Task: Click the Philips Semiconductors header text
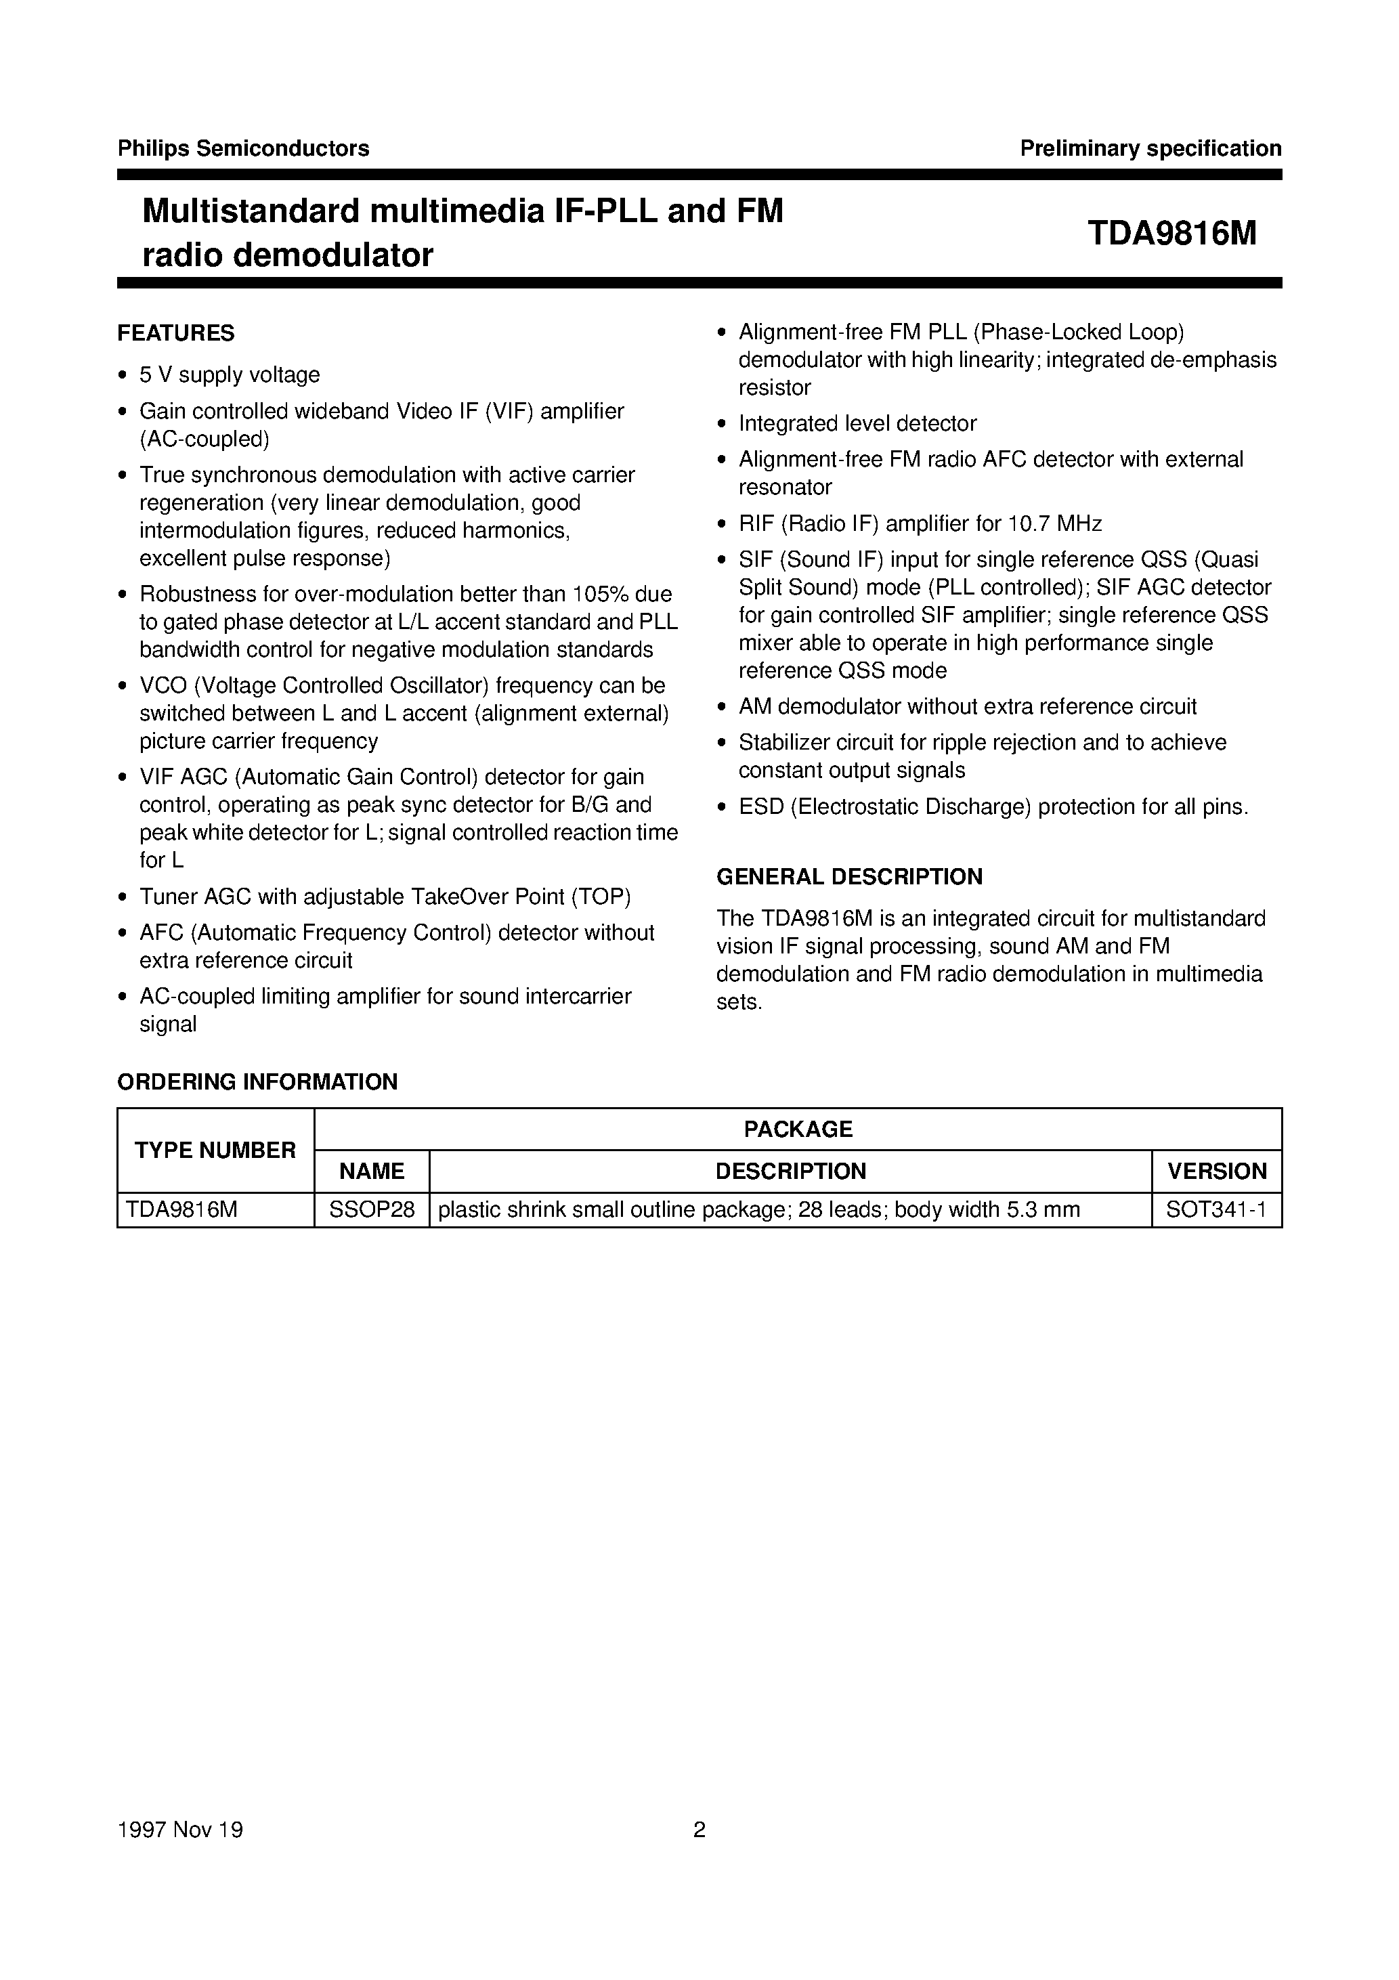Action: pyautogui.click(x=243, y=148)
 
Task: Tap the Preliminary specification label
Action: pyautogui.click(x=1150, y=148)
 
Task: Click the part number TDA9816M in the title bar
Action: pyautogui.click(x=1171, y=233)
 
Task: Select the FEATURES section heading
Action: pyautogui.click(x=176, y=333)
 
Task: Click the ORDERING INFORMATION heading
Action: pyautogui.click(x=257, y=1081)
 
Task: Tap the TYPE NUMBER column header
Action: pyautogui.click(x=215, y=1150)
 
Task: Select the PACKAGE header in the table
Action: pyautogui.click(x=798, y=1129)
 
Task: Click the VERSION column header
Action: pyautogui.click(x=1216, y=1171)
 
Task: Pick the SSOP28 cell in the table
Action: pyautogui.click(x=372, y=1210)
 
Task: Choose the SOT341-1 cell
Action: pyautogui.click(x=1216, y=1210)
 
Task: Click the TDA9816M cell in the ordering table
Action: pyautogui.click(x=181, y=1210)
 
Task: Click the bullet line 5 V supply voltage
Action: pyautogui.click(x=230, y=375)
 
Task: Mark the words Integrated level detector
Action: pyautogui.click(x=857, y=423)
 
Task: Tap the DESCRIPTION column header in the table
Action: pyautogui.click(x=790, y=1171)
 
